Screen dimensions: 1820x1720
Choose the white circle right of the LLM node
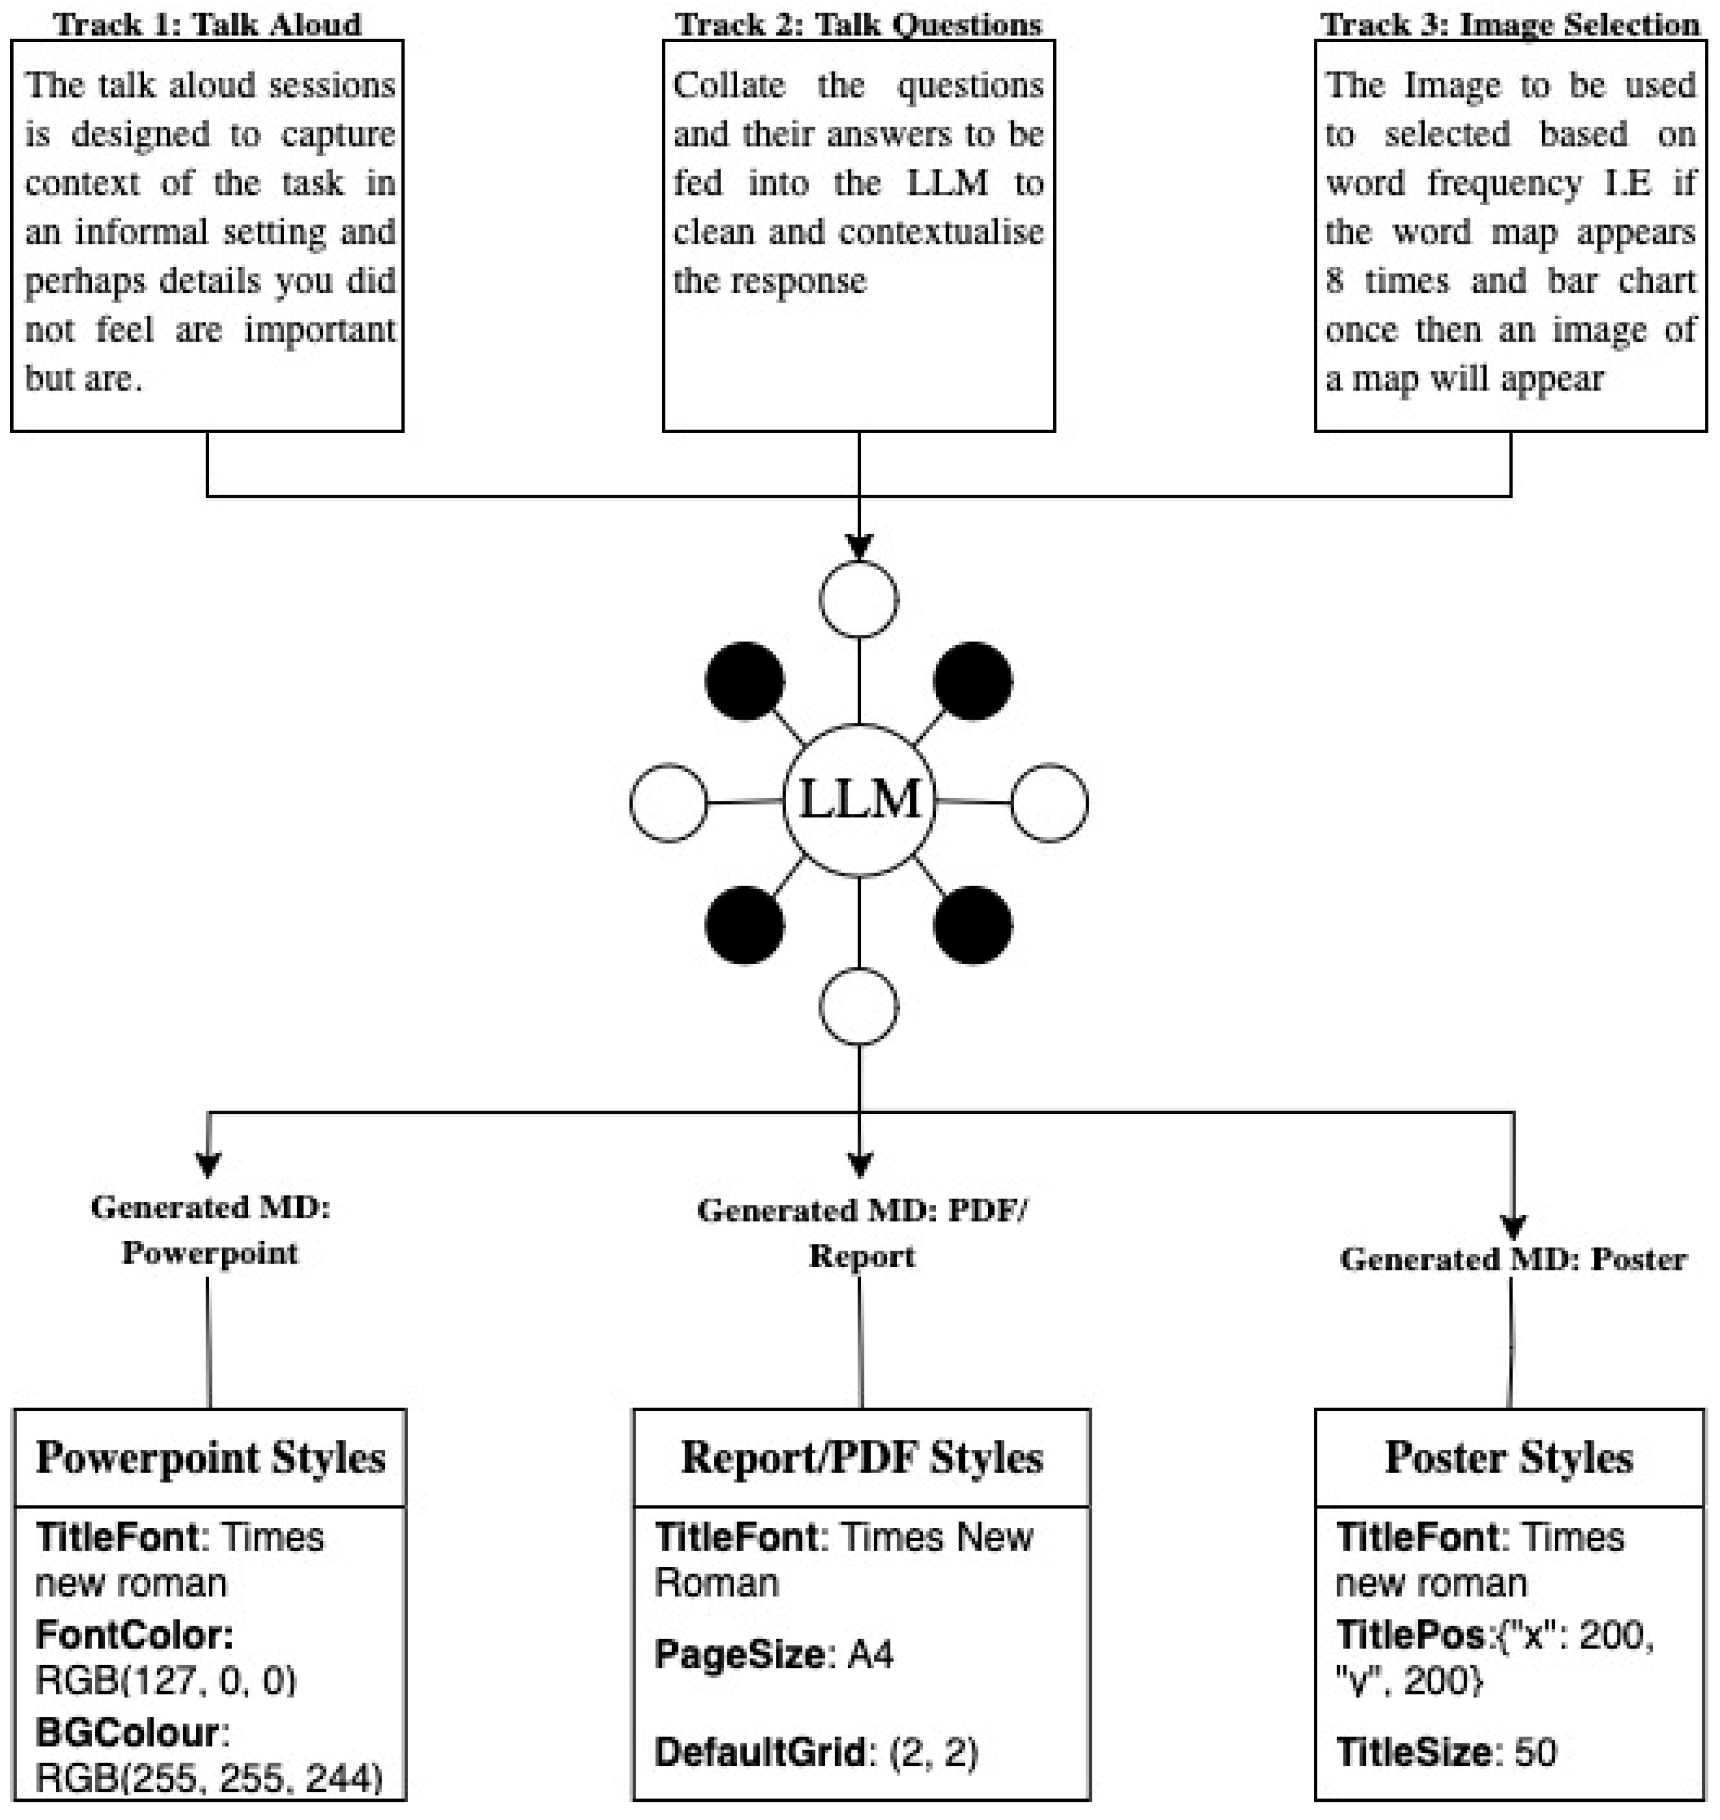pos(1050,803)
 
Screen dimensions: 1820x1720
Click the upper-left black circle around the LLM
pos(745,681)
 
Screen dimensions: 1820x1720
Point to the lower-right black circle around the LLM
pos(973,925)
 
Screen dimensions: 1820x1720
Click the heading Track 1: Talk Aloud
pos(208,24)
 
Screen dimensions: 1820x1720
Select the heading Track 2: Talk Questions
pos(859,24)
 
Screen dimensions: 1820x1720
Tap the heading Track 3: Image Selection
pos(1510,24)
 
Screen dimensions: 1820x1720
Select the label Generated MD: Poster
pos(1513,1259)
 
